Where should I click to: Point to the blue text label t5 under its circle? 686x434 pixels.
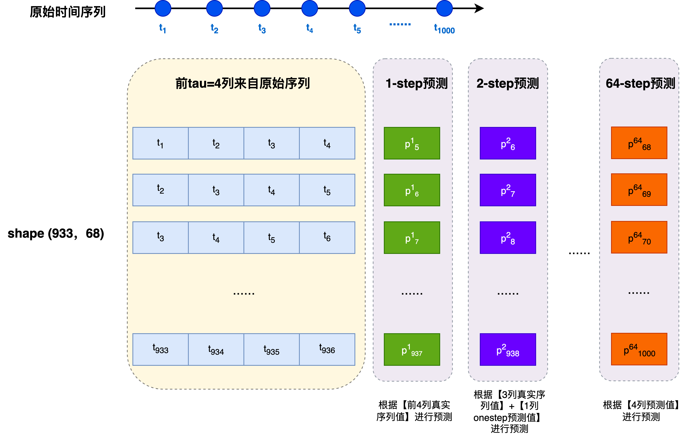click(357, 29)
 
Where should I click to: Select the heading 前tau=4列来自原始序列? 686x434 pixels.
click(242, 84)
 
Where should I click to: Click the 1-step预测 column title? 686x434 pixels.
click(417, 84)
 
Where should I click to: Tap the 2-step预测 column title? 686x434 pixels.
click(508, 84)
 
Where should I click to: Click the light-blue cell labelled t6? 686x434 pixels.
click(327, 237)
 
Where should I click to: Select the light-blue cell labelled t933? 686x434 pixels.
click(160, 349)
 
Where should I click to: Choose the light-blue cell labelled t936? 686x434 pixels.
click(327, 349)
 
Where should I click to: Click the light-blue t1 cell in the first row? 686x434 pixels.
click(160, 143)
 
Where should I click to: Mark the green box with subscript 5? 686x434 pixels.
click(412, 143)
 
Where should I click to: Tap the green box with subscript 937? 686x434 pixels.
click(412, 349)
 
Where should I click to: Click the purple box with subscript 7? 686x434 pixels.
click(508, 190)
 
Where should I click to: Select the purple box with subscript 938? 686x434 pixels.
click(508, 349)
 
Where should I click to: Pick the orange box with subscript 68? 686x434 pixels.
click(639, 143)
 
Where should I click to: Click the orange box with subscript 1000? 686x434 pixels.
click(639, 349)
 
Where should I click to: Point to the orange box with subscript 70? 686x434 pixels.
click(639, 237)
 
